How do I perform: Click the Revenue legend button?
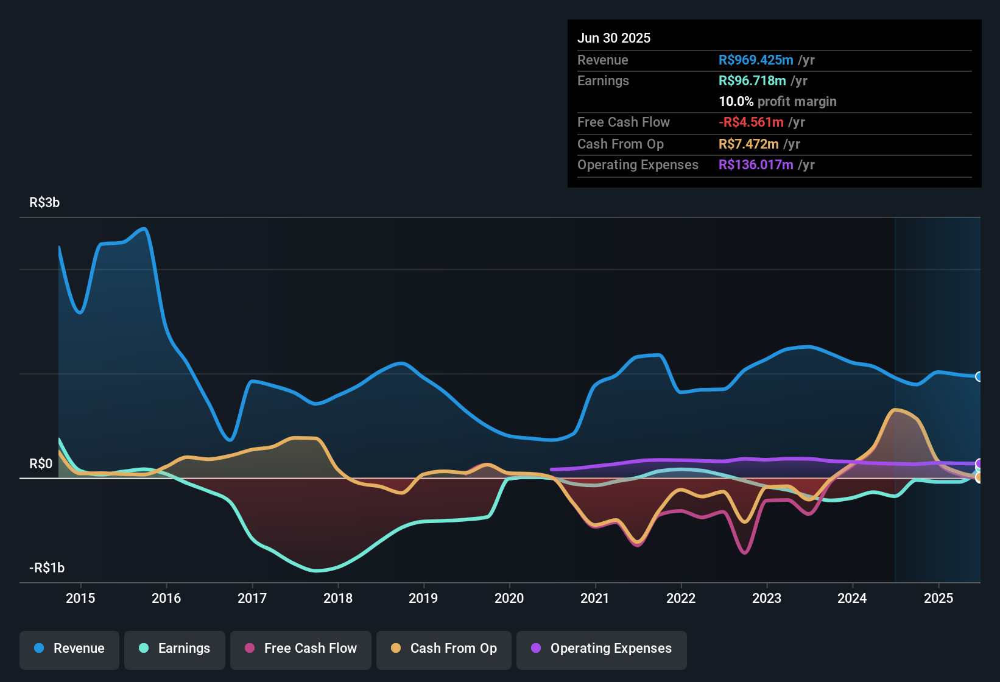[x=69, y=649]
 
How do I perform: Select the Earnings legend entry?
[x=175, y=649]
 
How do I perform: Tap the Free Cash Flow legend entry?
[x=301, y=649]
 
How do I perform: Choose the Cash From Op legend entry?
[x=444, y=649]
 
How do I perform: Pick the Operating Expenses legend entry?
[x=602, y=649]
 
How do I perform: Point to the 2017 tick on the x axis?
[x=252, y=598]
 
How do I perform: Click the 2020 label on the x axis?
[x=509, y=598]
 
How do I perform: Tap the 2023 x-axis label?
[x=767, y=598]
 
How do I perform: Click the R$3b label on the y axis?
[x=44, y=203]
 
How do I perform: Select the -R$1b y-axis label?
[x=47, y=568]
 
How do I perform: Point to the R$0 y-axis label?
[x=41, y=464]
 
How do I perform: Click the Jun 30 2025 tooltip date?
[x=614, y=38]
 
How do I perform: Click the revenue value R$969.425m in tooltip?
[x=756, y=60]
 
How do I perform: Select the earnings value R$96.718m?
[x=752, y=81]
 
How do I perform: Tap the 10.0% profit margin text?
[x=778, y=102]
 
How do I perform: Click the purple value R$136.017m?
[x=756, y=165]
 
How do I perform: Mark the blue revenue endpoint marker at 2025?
[x=979, y=376]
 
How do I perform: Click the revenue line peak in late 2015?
[x=144, y=229]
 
